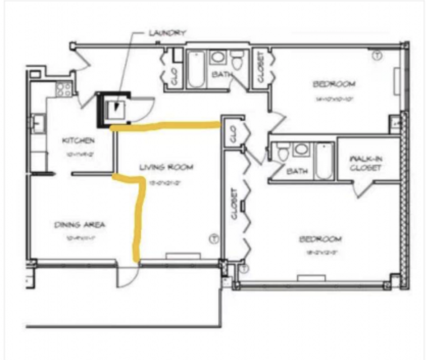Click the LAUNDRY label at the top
coord(167,33)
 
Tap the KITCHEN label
coord(79,140)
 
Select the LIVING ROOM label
coord(166,167)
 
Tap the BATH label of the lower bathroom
coord(297,171)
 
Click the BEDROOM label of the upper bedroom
coord(334,84)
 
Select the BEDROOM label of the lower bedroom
coord(320,239)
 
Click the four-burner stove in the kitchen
coord(64,89)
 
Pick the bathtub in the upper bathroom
coord(196,69)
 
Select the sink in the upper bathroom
coord(218,57)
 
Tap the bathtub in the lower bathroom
coord(324,161)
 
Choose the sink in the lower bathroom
coord(301,150)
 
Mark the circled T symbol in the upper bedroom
coord(377,56)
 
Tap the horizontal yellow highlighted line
coord(166,125)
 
